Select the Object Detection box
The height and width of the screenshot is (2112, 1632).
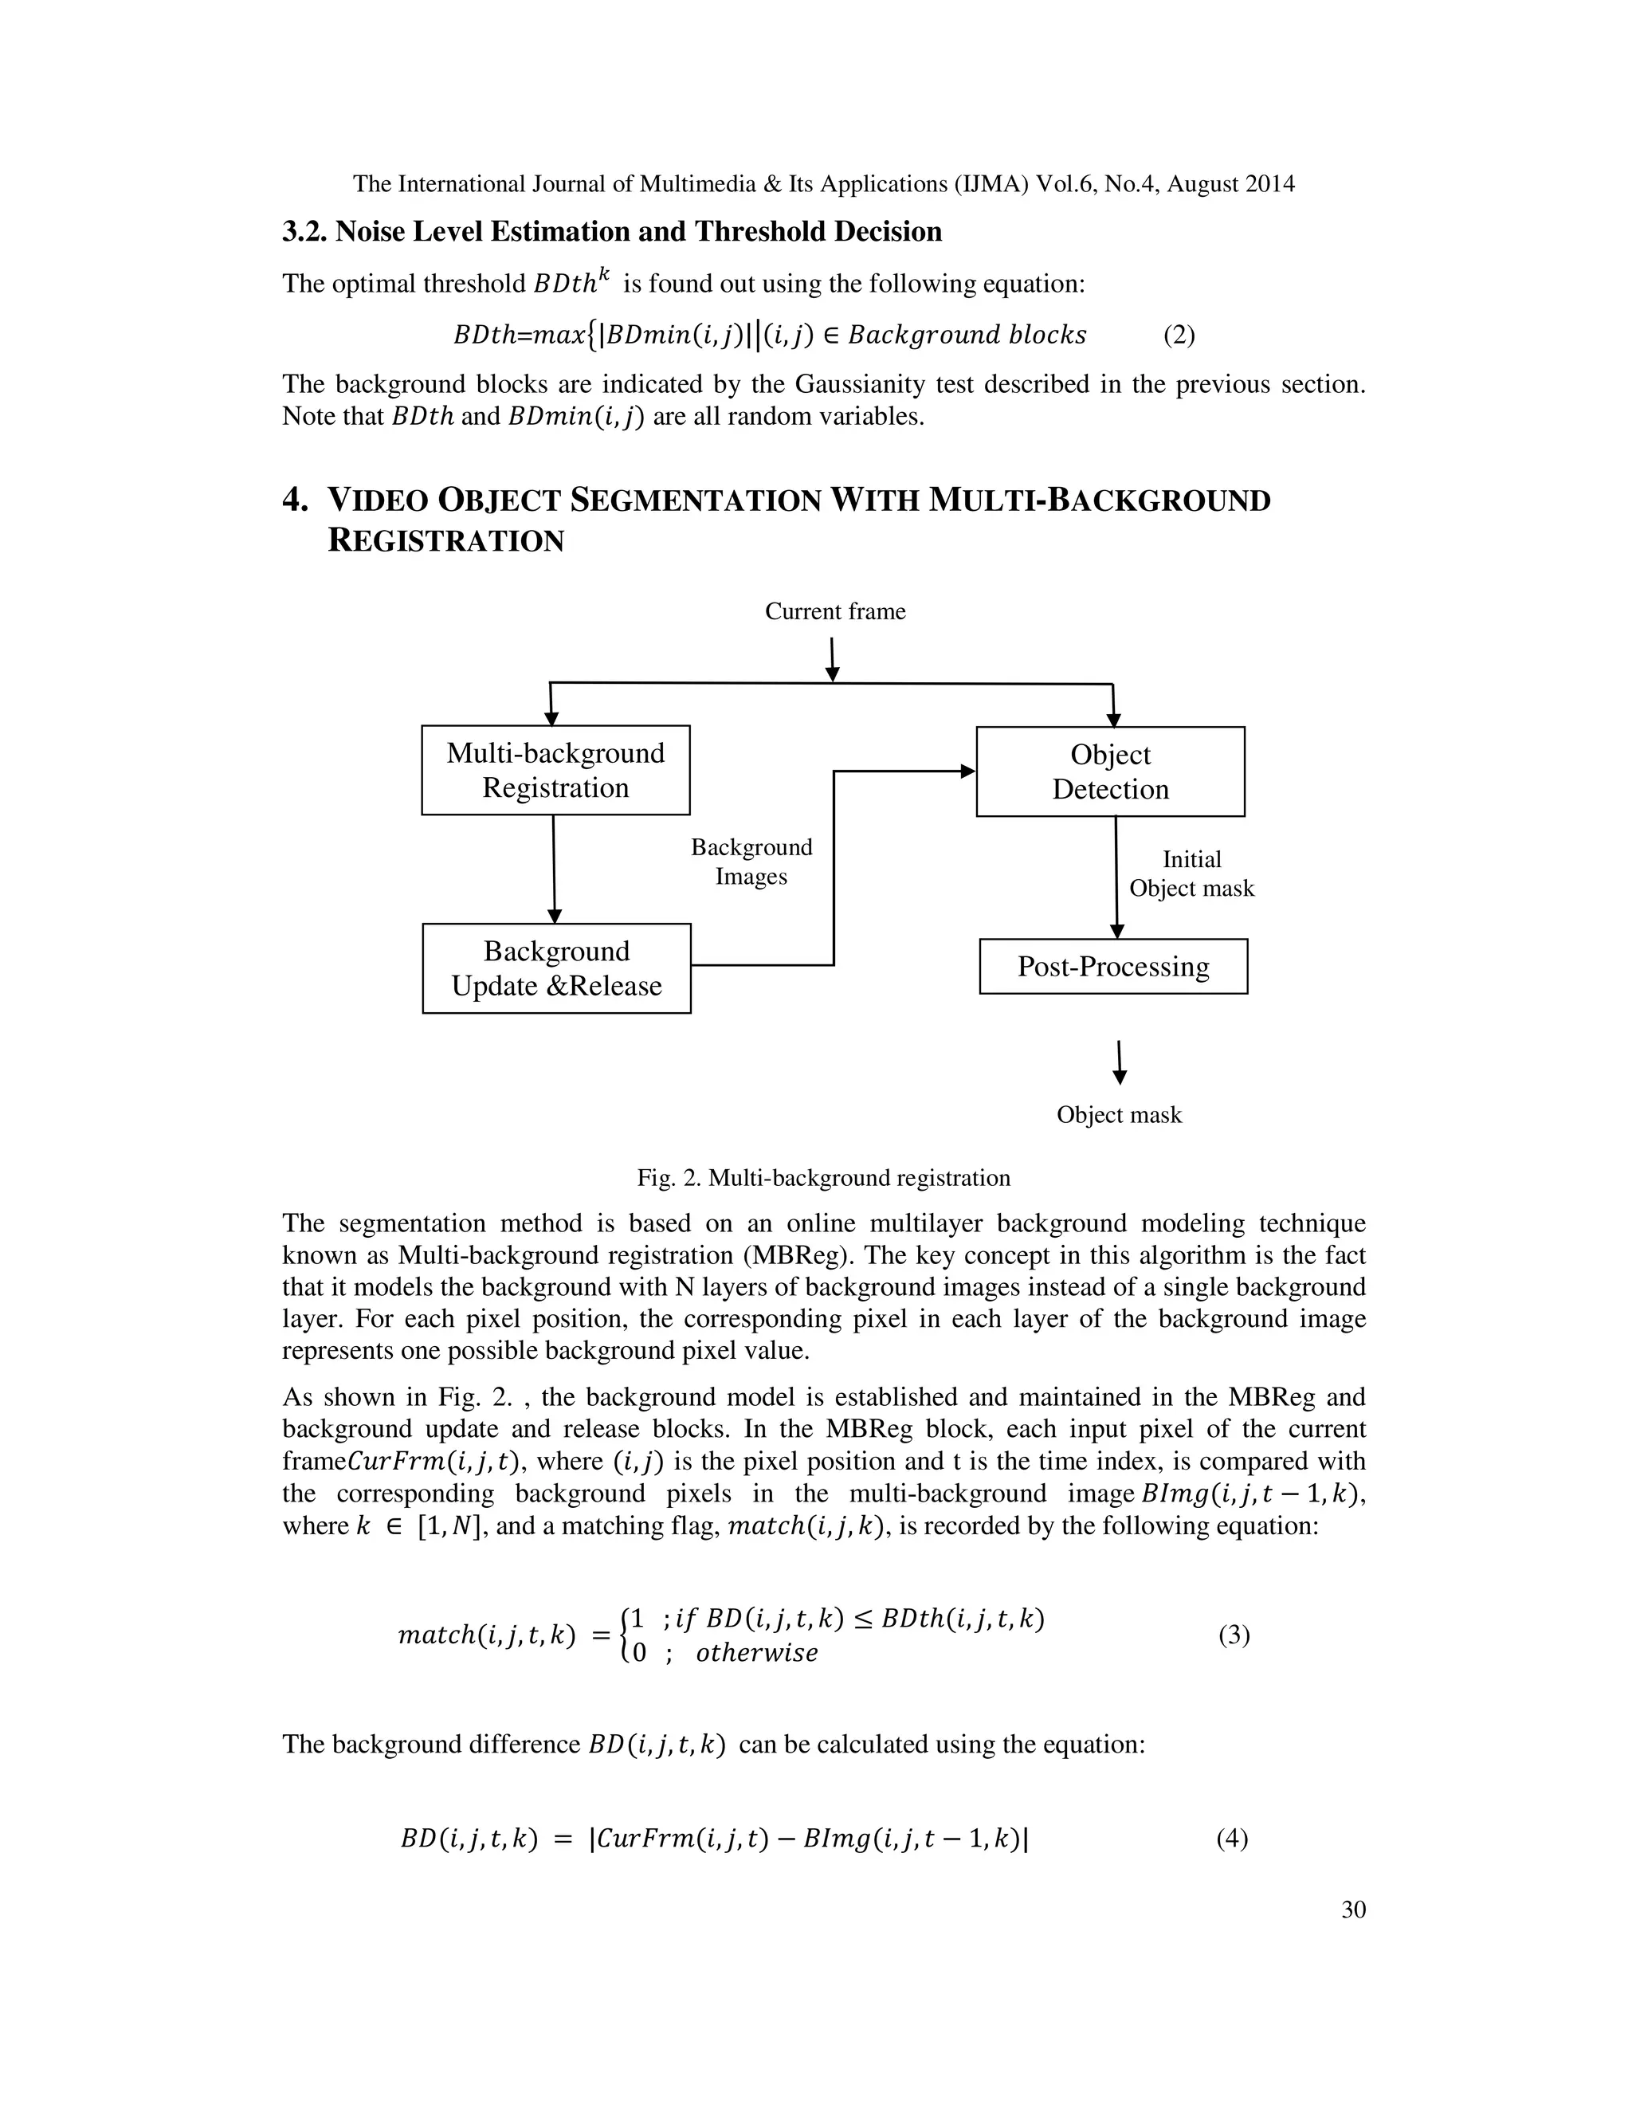pyautogui.click(x=1110, y=771)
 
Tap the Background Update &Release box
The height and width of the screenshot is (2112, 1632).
pyautogui.click(x=556, y=968)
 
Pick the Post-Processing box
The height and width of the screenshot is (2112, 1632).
pyautogui.click(x=1112, y=966)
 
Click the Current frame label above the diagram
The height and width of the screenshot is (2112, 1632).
pyautogui.click(x=834, y=611)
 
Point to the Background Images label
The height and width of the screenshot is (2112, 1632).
pyautogui.click(x=751, y=862)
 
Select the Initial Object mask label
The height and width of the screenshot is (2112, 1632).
pyautogui.click(x=1191, y=873)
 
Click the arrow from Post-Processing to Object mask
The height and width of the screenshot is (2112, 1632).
pyautogui.click(x=1120, y=1062)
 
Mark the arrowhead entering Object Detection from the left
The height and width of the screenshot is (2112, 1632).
pyautogui.click(x=967, y=771)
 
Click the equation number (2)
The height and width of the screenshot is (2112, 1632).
pyautogui.click(x=1179, y=335)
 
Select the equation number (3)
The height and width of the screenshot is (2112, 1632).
pyautogui.click(x=1234, y=1635)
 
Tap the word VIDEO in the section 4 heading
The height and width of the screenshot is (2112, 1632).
pyautogui.click(x=376, y=501)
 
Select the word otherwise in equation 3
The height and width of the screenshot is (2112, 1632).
pyautogui.click(x=756, y=1653)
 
